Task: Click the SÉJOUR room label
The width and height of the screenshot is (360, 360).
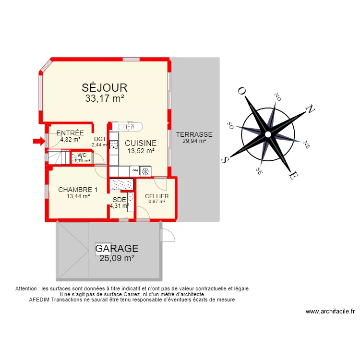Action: (x=104, y=87)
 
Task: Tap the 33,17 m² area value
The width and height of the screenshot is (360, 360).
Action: (x=105, y=99)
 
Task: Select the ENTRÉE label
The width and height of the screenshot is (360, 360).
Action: (x=70, y=133)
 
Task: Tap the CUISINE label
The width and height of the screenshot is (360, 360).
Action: (x=141, y=143)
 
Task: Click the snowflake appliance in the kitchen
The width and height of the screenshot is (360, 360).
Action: (x=145, y=170)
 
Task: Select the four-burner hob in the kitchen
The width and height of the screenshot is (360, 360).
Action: (x=114, y=145)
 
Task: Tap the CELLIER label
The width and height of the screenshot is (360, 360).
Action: (x=156, y=196)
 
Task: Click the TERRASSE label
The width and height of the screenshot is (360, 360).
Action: (x=194, y=134)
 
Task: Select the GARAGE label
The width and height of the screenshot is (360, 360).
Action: (x=117, y=249)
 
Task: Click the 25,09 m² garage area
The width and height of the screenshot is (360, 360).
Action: (x=117, y=259)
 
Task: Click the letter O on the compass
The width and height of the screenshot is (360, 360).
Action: (x=242, y=91)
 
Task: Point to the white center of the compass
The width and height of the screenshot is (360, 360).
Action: (x=267, y=132)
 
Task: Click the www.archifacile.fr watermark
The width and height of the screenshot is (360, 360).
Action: (x=330, y=312)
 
